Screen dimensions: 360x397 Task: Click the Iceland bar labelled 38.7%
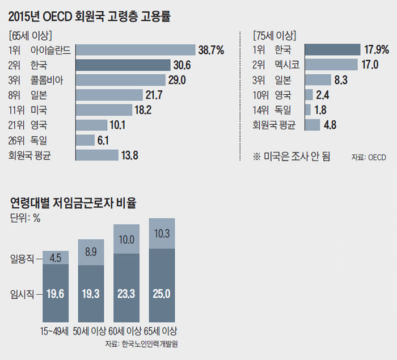[x=134, y=50]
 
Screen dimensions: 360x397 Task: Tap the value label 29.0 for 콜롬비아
[x=178, y=80]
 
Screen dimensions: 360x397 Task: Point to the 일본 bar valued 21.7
[x=108, y=95]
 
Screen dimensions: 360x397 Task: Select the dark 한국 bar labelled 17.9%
[x=332, y=50]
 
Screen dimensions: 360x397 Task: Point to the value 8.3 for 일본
[x=341, y=80]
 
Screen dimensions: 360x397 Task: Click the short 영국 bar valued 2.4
[x=309, y=95]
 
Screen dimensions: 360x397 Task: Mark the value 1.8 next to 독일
[x=321, y=109]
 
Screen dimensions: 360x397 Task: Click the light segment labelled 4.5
[x=56, y=258]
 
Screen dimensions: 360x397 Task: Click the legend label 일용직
[x=22, y=259]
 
